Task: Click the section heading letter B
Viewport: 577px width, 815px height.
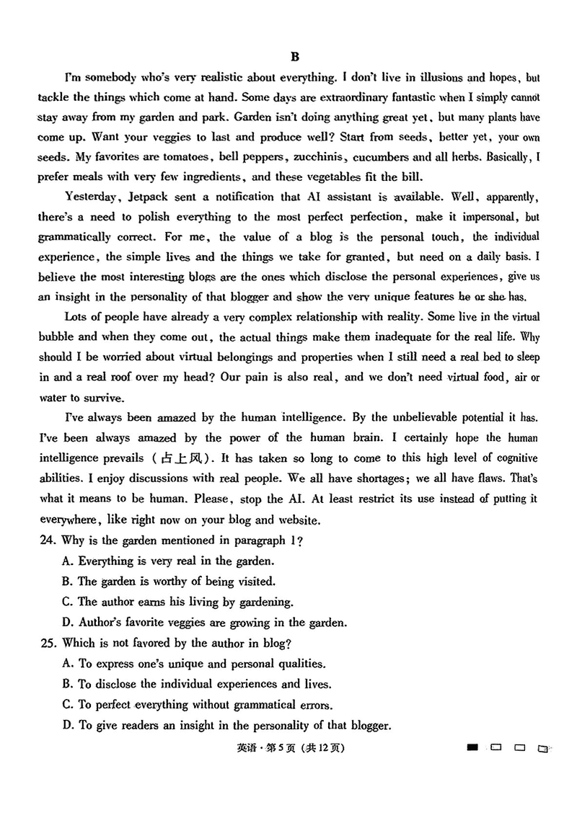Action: (294, 56)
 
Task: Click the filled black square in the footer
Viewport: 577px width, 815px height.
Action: (472, 747)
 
